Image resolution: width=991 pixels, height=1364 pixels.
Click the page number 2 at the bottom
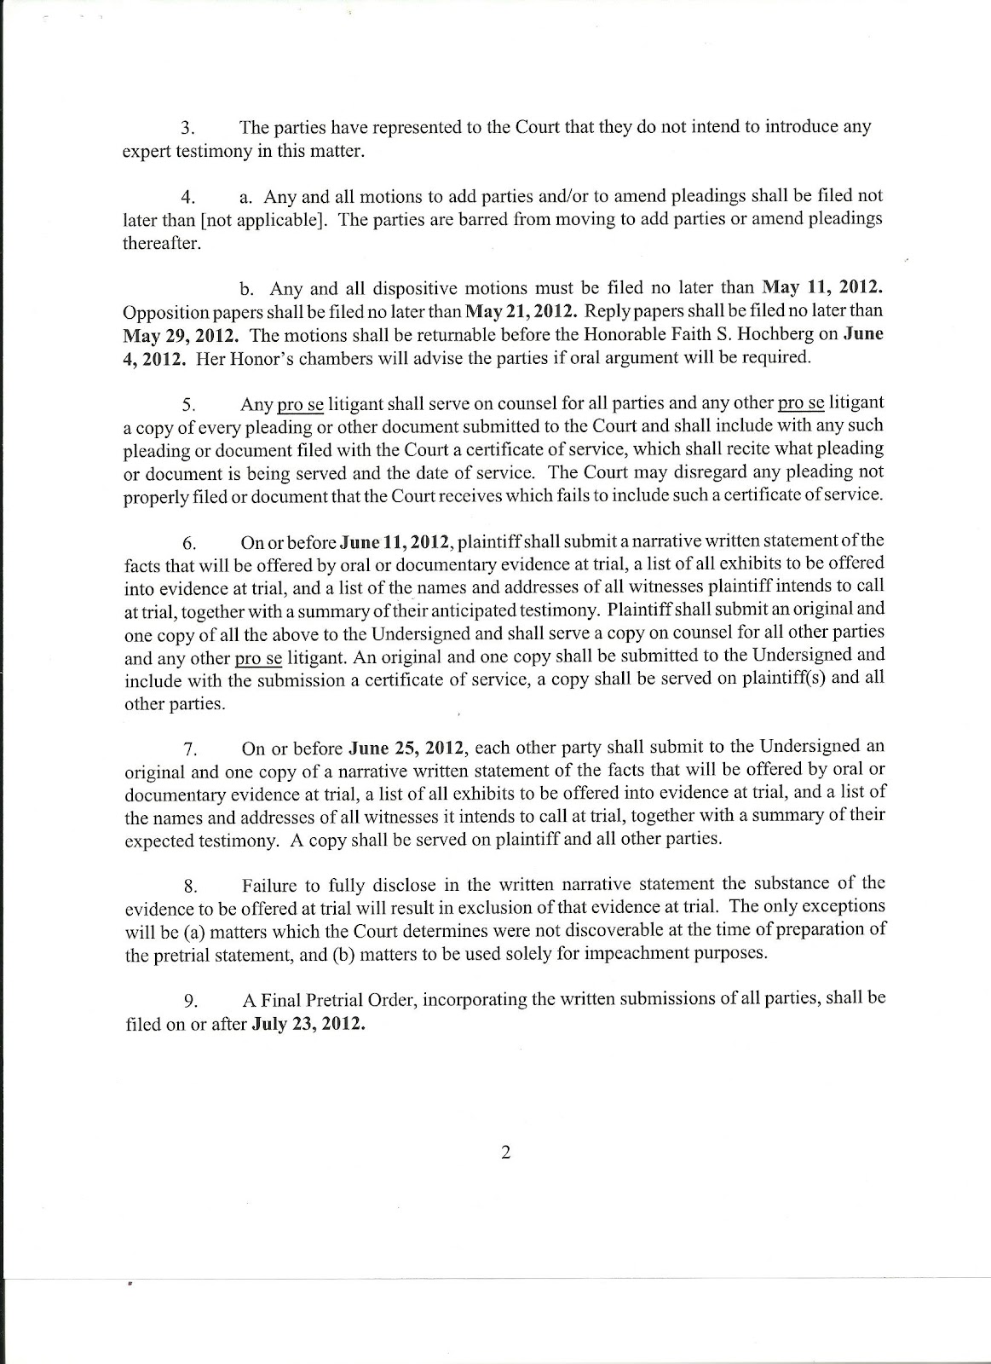pos(505,1154)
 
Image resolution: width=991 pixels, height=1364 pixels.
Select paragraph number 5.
pos(189,404)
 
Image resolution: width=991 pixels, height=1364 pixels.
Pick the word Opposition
pos(161,312)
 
